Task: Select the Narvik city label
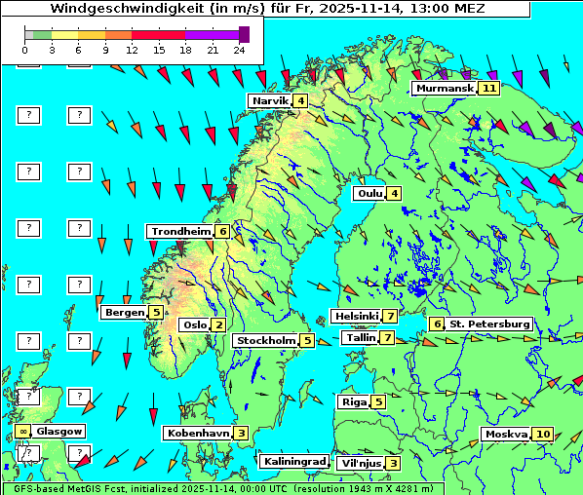pos(270,101)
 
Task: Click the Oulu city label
pos(369,193)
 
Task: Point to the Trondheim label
pos(180,232)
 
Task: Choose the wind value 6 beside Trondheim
pos(223,232)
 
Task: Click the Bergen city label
pos(124,312)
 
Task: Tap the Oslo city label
pos(195,325)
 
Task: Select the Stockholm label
pos(264,340)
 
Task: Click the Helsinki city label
pos(356,316)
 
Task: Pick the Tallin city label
pos(361,338)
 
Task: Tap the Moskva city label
pos(506,435)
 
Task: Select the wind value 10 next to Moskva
pos(543,435)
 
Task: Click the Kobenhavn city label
pos(198,433)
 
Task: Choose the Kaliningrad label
pos(293,461)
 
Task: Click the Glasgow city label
pos(58,431)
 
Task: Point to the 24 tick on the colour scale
pos(239,49)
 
